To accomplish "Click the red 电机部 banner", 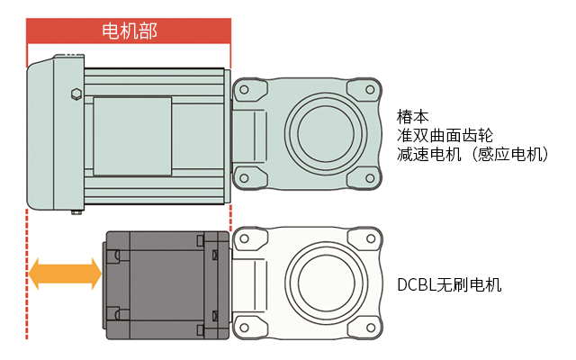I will click(x=130, y=31).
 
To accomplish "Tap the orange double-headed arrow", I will click(x=65, y=273).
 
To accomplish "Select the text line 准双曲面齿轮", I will click(x=445, y=136).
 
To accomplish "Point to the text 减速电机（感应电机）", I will click(x=473, y=155).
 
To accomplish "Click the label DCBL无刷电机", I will click(x=449, y=284).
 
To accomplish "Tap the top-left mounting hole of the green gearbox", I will click(x=241, y=90).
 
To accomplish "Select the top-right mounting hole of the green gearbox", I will click(x=368, y=89).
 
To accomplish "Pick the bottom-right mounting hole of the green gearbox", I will click(x=368, y=179).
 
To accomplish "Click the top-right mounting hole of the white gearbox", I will click(x=368, y=238).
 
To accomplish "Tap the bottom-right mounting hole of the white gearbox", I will click(x=368, y=326).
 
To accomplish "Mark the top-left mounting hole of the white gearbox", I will click(x=241, y=238).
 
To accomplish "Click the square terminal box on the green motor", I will click(x=132, y=135).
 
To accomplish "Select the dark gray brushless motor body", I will click(x=162, y=283).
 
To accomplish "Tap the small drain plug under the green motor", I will click(x=76, y=212).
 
